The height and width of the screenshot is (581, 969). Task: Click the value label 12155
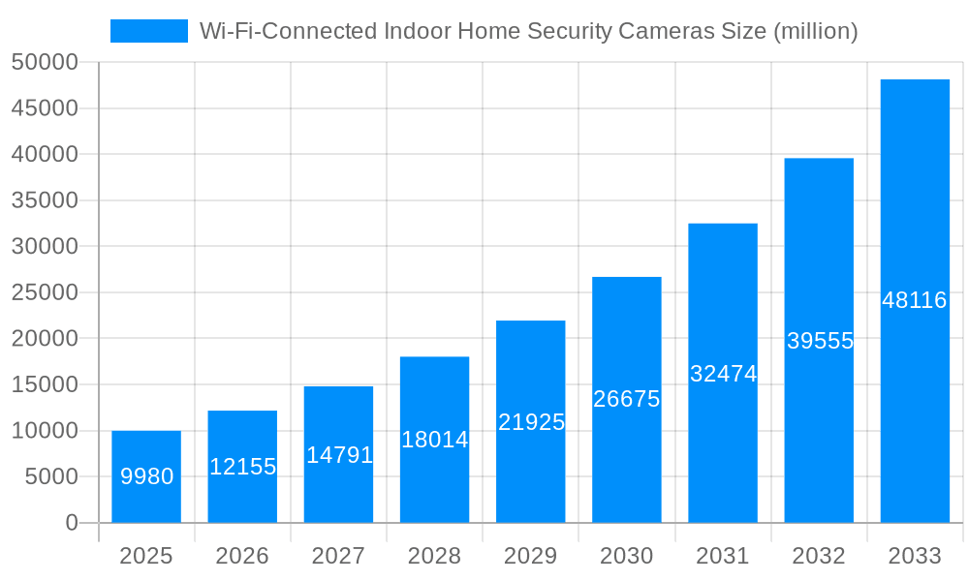point(242,467)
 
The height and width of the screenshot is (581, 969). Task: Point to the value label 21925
point(531,422)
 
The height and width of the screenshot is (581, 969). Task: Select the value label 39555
point(820,341)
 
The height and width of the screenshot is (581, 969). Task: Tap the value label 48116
point(915,300)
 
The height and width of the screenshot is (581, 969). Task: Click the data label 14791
point(339,454)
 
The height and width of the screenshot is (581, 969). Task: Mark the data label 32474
point(723,374)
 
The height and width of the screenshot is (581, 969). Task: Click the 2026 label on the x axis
point(242,556)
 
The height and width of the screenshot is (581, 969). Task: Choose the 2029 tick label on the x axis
point(531,556)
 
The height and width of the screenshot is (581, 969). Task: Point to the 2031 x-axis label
point(723,556)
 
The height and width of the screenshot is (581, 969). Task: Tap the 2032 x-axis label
point(819,556)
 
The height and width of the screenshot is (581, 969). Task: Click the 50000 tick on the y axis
point(44,62)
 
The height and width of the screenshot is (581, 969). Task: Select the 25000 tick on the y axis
point(44,292)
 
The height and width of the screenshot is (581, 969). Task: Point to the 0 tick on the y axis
point(71,523)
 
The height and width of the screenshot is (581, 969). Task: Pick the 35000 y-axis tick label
point(44,200)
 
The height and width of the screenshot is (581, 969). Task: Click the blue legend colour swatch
point(149,31)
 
